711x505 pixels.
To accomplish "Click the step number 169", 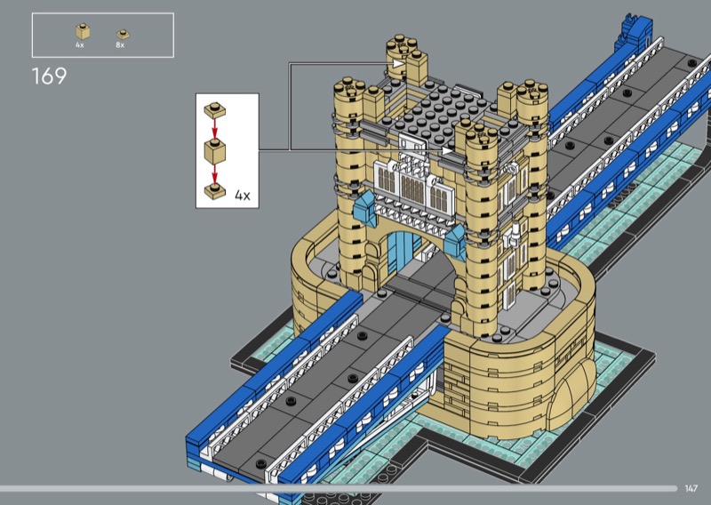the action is click(49, 76).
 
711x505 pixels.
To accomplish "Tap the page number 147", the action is click(691, 488).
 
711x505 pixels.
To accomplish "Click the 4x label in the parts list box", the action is click(80, 45).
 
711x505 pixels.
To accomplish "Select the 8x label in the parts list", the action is click(120, 45).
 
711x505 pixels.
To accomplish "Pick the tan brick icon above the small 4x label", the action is click(83, 31).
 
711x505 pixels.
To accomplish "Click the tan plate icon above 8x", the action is click(123, 34).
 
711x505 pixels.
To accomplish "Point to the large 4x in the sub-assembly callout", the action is click(243, 196).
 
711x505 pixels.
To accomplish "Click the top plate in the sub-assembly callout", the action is click(215, 110).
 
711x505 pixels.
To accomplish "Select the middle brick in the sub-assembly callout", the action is click(215, 151).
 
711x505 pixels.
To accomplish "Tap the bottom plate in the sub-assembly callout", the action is click(215, 191).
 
